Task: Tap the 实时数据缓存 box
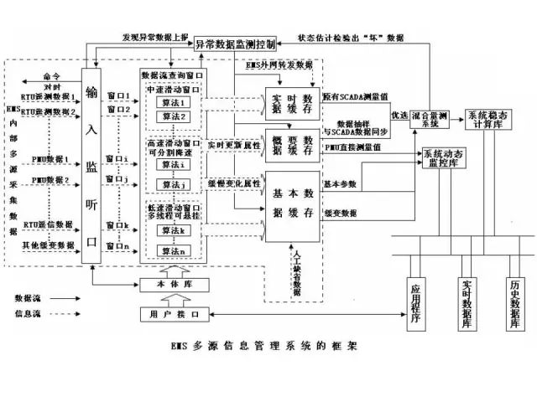tap(293, 102)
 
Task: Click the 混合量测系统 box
tap(430, 119)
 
